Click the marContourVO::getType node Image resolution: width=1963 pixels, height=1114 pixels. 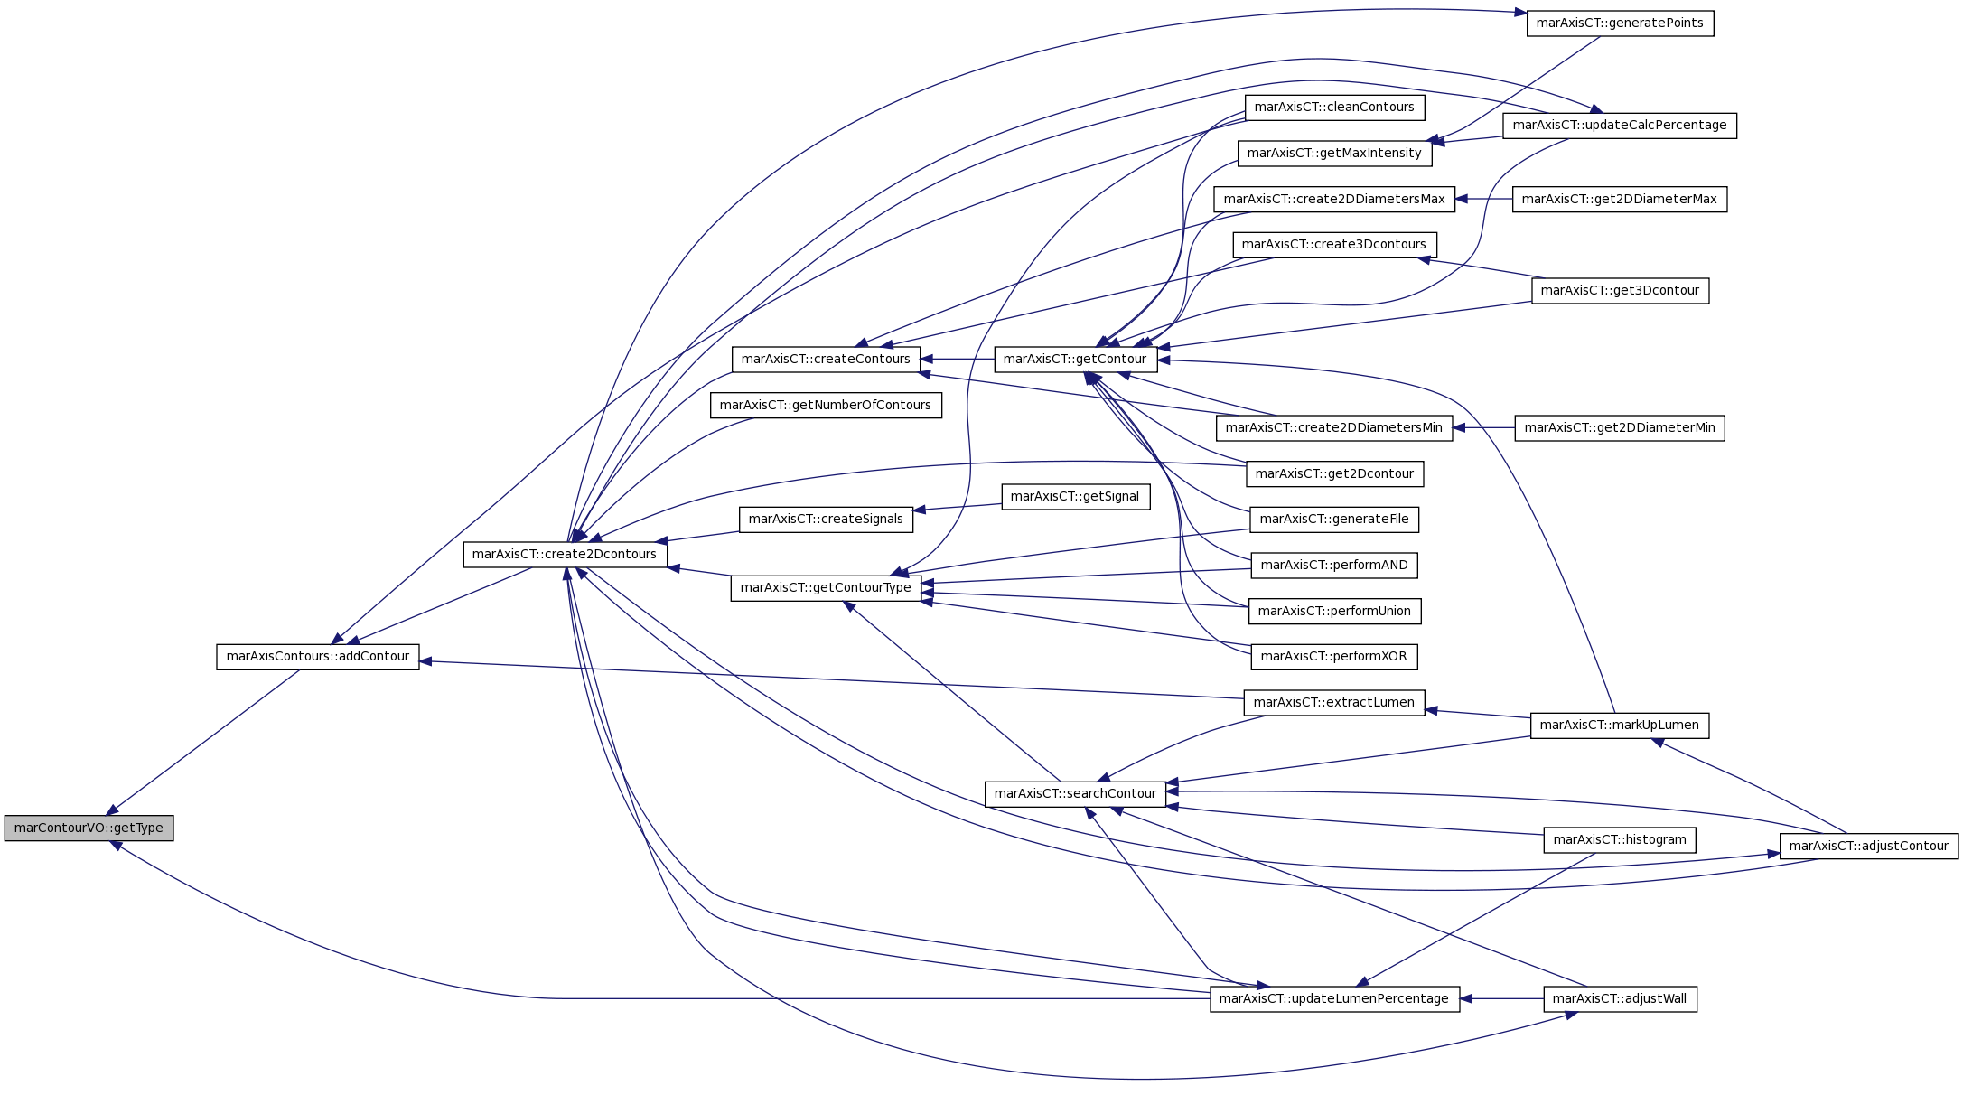click(89, 828)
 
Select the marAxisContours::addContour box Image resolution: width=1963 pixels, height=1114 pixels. click(318, 656)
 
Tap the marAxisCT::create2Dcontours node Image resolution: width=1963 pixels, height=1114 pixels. click(565, 554)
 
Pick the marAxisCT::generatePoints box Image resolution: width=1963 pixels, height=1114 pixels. click(1620, 23)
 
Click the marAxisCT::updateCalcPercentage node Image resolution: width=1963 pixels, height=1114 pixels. click(1620, 125)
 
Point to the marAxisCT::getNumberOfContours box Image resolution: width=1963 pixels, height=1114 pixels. click(826, 405)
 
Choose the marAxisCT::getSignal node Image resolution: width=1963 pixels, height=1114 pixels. click(1075, 496)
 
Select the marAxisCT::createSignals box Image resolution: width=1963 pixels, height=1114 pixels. click(826, 519)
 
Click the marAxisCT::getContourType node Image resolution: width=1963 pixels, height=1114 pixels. click(826, 587)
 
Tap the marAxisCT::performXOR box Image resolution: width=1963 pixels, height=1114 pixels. click(1334, 656)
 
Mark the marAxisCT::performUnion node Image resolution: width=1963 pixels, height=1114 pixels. click(1334, 611)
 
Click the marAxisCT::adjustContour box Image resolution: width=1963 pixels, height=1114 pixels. click(1869, 846)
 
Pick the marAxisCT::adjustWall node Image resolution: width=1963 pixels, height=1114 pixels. click(1620, 998)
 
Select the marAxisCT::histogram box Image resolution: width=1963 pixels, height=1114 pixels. click(1620, 839)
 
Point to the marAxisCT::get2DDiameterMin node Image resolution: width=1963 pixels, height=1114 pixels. click(1620, 427)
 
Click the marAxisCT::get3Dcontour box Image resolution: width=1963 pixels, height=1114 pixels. click(1620, 290)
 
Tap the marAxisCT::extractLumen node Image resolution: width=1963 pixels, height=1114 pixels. click(1334, 702)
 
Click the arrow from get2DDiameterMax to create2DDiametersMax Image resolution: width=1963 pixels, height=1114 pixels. click(1483, 199)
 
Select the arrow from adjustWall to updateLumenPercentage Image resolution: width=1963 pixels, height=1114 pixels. click(1501, 998)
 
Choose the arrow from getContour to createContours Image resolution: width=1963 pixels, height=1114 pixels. click(958, 359)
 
